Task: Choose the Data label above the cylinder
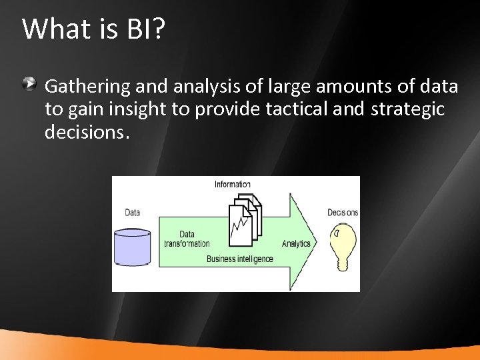tap(133, 213)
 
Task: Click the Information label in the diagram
tap(233, 184)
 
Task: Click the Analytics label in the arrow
tap(296, 243)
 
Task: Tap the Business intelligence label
tap(239, 259)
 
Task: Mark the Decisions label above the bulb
tap(343, 213)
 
